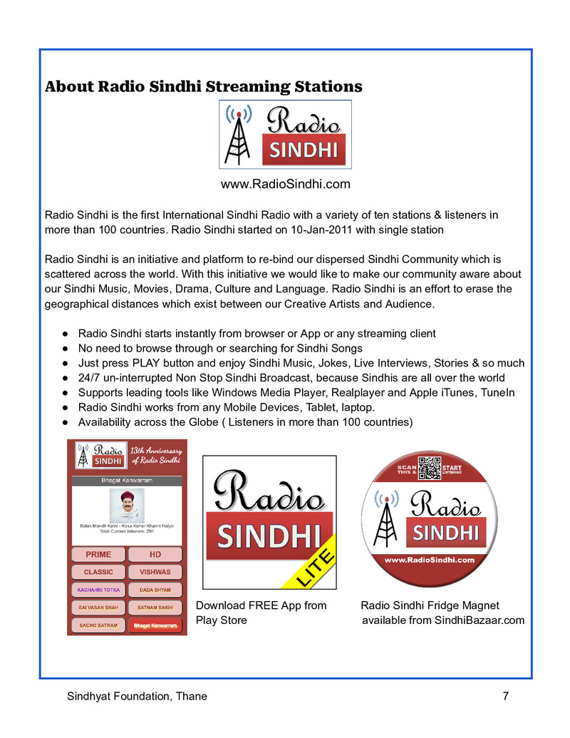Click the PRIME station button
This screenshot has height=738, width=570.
coord(98,554)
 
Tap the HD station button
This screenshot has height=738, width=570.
coord(155,554)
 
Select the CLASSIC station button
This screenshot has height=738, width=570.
coord(98,572)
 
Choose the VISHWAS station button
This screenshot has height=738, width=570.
coord(155,572)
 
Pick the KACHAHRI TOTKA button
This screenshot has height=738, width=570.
coord(98,590)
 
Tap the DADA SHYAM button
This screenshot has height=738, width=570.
coord(155,590)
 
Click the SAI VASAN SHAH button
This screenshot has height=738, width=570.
coord(98,608)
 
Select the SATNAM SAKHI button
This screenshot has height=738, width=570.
coord(155,608)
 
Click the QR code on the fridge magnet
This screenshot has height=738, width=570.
coord(430,468)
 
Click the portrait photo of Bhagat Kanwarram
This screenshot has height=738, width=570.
coord(126,505)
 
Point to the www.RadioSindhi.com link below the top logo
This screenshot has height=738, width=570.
coord(285,184)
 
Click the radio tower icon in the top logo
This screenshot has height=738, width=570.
coord(239,135)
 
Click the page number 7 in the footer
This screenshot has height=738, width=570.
coord(505,696)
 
